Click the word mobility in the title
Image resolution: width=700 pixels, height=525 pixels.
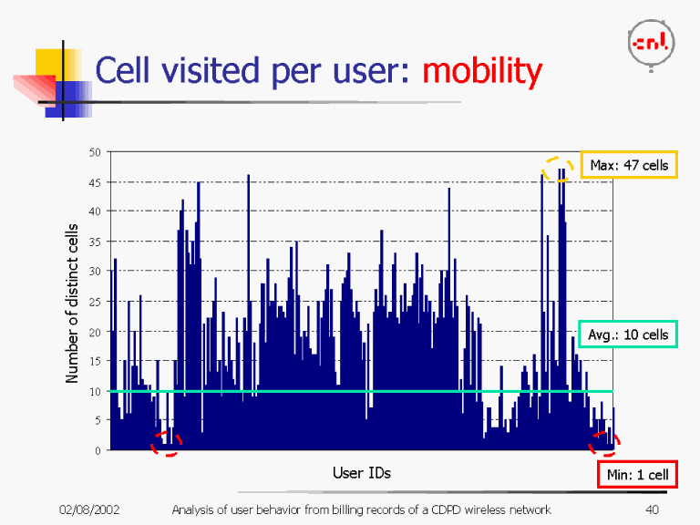tap(481, 70)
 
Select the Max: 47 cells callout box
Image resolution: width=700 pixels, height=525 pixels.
tap(629, 165)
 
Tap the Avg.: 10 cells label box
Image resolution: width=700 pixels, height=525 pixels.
tap(628, 335)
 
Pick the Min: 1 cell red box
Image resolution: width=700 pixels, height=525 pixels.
tap(637, 475)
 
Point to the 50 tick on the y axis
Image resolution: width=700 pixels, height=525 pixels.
tap(95, 152)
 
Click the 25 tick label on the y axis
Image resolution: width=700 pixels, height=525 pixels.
tap(95, 301)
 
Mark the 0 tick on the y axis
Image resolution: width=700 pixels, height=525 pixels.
tap(98, 449)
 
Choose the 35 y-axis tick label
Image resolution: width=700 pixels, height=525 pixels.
tap(95, 242)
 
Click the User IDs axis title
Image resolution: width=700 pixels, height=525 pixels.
tap(361, 472)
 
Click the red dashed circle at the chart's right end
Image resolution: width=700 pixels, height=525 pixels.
tap(604, 443)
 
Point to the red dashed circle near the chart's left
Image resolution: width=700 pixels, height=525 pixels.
tap(167, 443)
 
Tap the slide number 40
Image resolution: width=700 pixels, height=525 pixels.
tap(651, 509)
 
